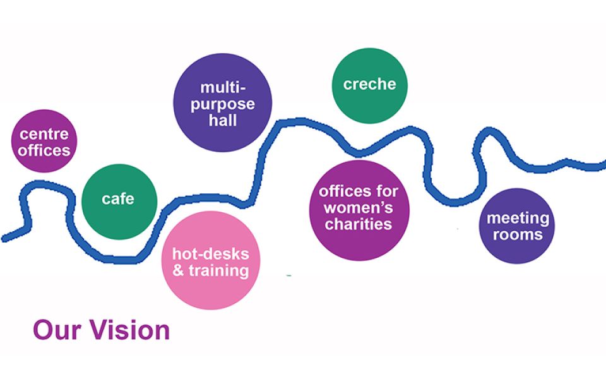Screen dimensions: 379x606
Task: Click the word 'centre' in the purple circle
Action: pyautogui.click(x=44, y=134)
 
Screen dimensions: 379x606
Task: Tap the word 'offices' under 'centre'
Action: pyautogui.click(x=44, y=150)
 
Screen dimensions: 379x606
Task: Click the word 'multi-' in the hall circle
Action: pyautogui.click(x=222, y=87)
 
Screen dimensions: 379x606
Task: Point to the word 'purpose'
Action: pyautogui.click(x=223, y=104)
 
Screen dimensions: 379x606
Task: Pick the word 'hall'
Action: pyautogui.click(x=223, y=120)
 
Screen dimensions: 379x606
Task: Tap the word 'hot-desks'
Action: pyautogui.click(x=211, y=255)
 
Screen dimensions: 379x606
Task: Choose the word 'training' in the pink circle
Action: pyautogui.click(x=220, y=271)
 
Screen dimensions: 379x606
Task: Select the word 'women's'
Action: pyautogui.click(x=359, y=207)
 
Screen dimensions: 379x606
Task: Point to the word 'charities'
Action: pyautogui.click(x=359, y=224)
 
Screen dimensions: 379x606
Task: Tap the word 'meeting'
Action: pyautogui.click(x=518, y=219)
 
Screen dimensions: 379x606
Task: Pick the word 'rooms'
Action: pyautogui.click(x=518, y=235)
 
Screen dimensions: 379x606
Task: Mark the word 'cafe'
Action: pyautogui.click(x=118, y=199)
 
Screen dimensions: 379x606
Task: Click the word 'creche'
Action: pyautogui.click(x=369, y=84)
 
